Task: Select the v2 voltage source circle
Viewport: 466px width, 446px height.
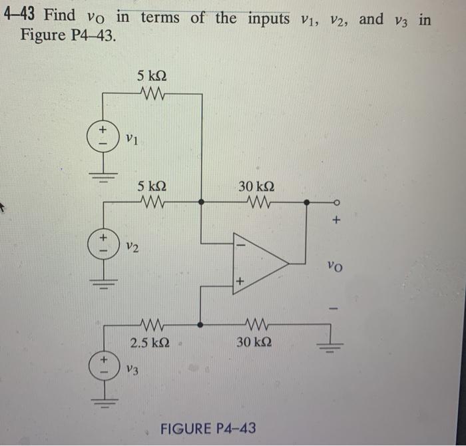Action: point(104,242)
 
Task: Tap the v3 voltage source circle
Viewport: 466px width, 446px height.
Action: point(104,363)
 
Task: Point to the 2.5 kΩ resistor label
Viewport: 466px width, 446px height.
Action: point(150,343)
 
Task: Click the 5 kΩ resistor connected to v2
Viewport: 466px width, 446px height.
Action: point(152,202)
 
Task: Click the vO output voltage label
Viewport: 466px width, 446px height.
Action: point(337,268)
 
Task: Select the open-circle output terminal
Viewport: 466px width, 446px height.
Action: point(336,202)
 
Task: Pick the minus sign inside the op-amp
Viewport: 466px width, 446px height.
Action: point(241,246)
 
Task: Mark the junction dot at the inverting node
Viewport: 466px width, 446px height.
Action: point(202,202)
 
